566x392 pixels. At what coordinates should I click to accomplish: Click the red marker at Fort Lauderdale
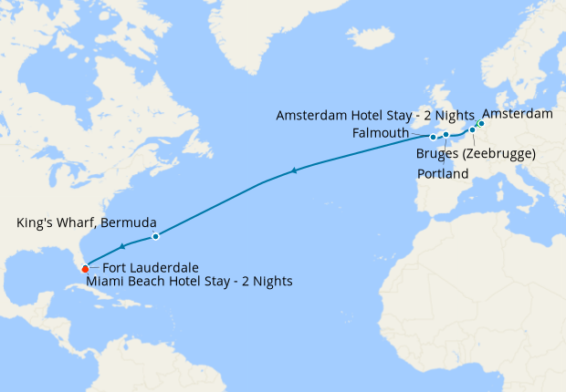(85, 268)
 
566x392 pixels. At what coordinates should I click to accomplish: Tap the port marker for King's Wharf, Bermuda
(155, 237)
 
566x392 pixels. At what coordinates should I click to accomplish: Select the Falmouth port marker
(433, 138)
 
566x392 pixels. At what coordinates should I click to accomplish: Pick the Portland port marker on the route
(445, 135)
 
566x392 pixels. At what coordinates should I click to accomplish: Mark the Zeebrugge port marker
(472, 130)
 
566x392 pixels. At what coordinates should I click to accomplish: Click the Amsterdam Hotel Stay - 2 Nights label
(374, 115)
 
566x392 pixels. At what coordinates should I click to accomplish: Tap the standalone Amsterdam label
(517, 114)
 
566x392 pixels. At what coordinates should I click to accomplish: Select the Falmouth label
(379, 133)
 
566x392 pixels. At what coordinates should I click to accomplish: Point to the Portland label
(443, 173)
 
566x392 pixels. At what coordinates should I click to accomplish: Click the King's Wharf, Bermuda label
(87, 222)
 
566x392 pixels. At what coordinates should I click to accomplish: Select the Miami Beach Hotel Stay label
(190, 283)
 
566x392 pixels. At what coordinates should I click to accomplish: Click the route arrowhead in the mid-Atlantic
(293, 170)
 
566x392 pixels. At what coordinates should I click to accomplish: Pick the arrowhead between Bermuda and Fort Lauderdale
(122, 246)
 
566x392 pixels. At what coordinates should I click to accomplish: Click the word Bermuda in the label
(133, 222)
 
